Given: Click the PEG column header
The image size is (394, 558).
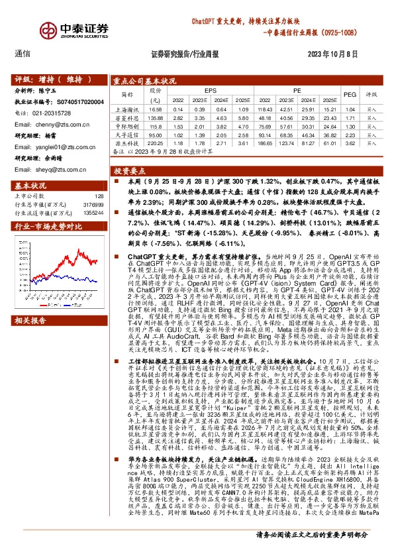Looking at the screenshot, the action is pyautogui.click(x=350, y=94).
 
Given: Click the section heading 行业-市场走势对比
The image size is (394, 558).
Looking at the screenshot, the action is pyautogui.click(x=43, y=227).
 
